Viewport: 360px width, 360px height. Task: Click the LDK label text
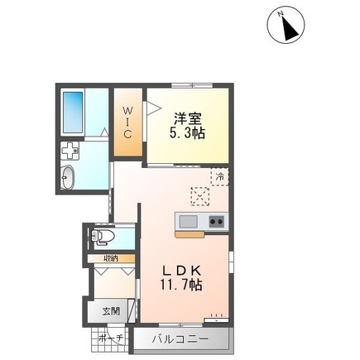click(x=183, y=271)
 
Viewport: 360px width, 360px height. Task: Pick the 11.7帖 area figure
click(x=183, y=286)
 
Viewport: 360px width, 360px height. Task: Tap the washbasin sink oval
click(x=69, y=177)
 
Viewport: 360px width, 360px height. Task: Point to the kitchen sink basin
click(x=186, y=221)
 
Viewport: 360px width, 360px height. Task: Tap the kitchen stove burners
click(x=216, y=221)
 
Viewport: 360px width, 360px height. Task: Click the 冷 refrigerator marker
click(x=220, y=175)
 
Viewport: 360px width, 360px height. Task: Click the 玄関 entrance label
click(x=111, y=311)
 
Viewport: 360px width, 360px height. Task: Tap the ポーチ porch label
click(x=111, y=338)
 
